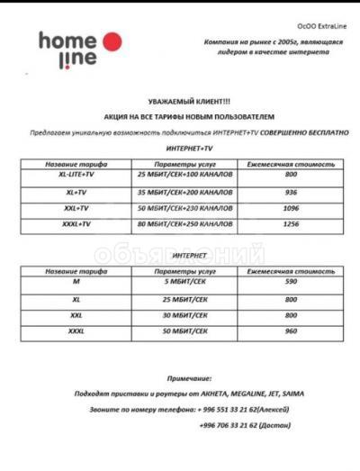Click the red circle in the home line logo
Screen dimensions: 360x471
(111, 42)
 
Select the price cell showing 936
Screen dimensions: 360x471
(291, 193)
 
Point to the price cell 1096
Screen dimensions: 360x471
(291, 208)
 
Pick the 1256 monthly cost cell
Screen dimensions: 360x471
(291, 222)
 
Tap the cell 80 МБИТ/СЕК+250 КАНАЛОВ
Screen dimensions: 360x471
(180, 222)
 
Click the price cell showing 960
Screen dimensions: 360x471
(291, 331)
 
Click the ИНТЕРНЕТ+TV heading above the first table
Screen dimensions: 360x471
(191, 147)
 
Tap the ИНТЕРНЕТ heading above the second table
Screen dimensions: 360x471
(190, 255)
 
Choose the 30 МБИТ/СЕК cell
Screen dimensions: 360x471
(180, 315)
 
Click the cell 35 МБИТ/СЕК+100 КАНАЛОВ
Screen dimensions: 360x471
(180, 193)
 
